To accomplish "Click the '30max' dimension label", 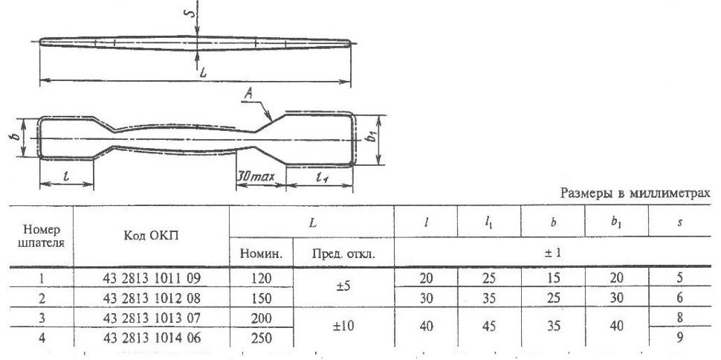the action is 256,177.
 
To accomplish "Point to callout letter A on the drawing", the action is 249,94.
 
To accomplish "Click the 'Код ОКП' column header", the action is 152,235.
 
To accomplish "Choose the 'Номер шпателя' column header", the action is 41,236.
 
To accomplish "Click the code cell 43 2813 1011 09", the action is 152,278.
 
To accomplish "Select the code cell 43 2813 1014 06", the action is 152,338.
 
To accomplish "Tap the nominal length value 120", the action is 261,278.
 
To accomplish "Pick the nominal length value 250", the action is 261,338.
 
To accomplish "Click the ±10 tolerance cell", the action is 343,327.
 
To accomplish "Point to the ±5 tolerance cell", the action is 343,286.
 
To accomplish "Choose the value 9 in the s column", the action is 679,338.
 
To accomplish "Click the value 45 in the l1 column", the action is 489,327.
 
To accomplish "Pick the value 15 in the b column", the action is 553,278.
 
